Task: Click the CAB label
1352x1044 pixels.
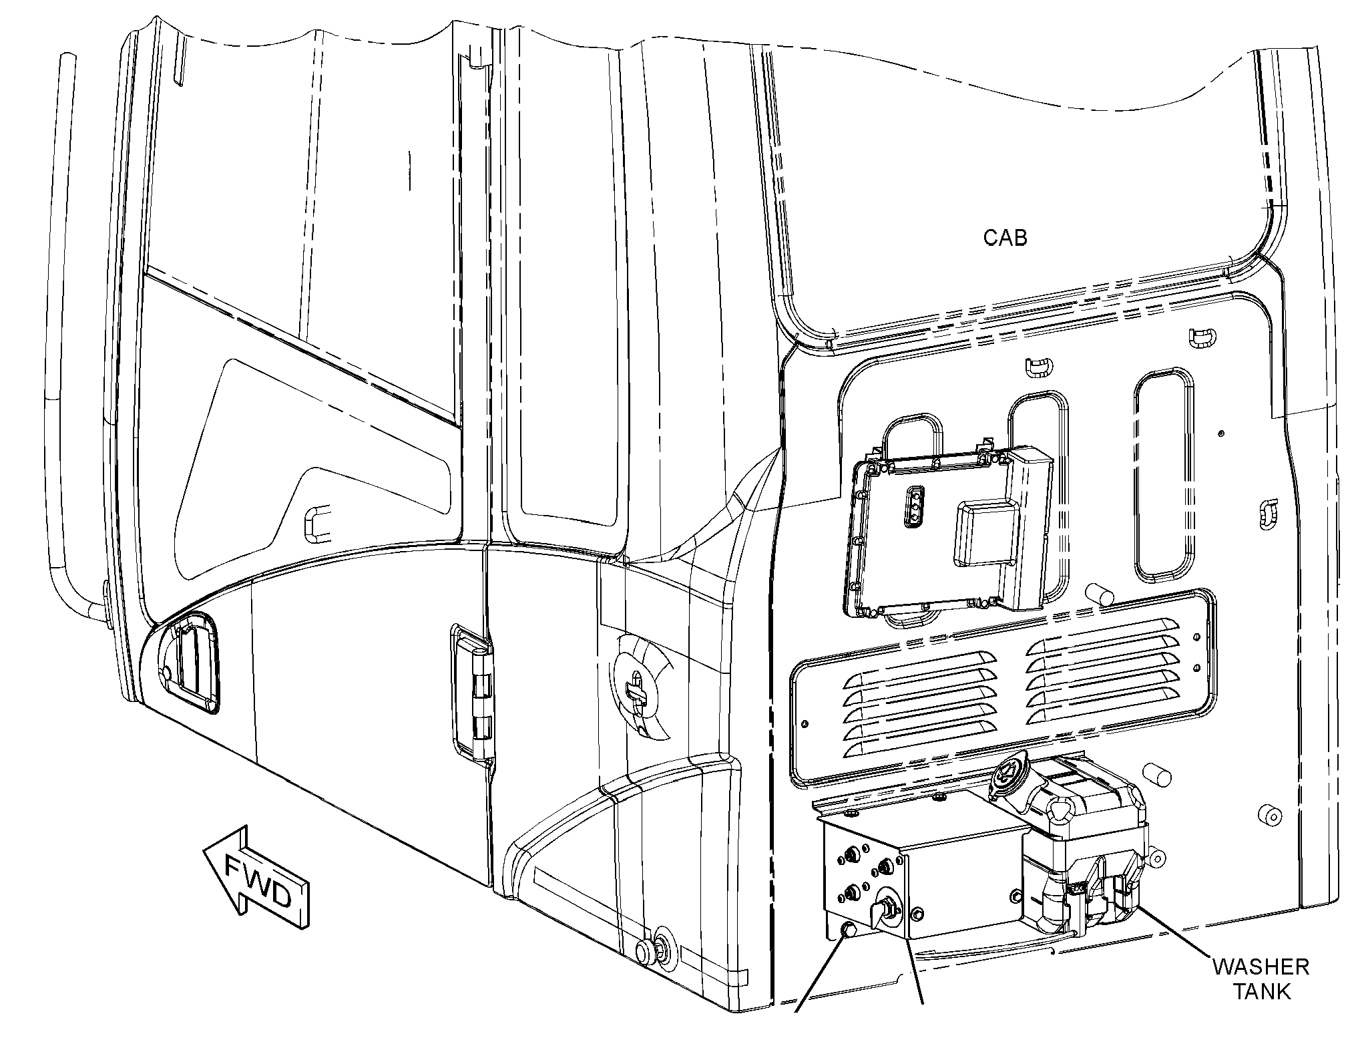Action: (1005, 238)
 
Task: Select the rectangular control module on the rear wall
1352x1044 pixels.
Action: (947, 530)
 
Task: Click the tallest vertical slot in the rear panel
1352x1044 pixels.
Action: (1162, 475)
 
